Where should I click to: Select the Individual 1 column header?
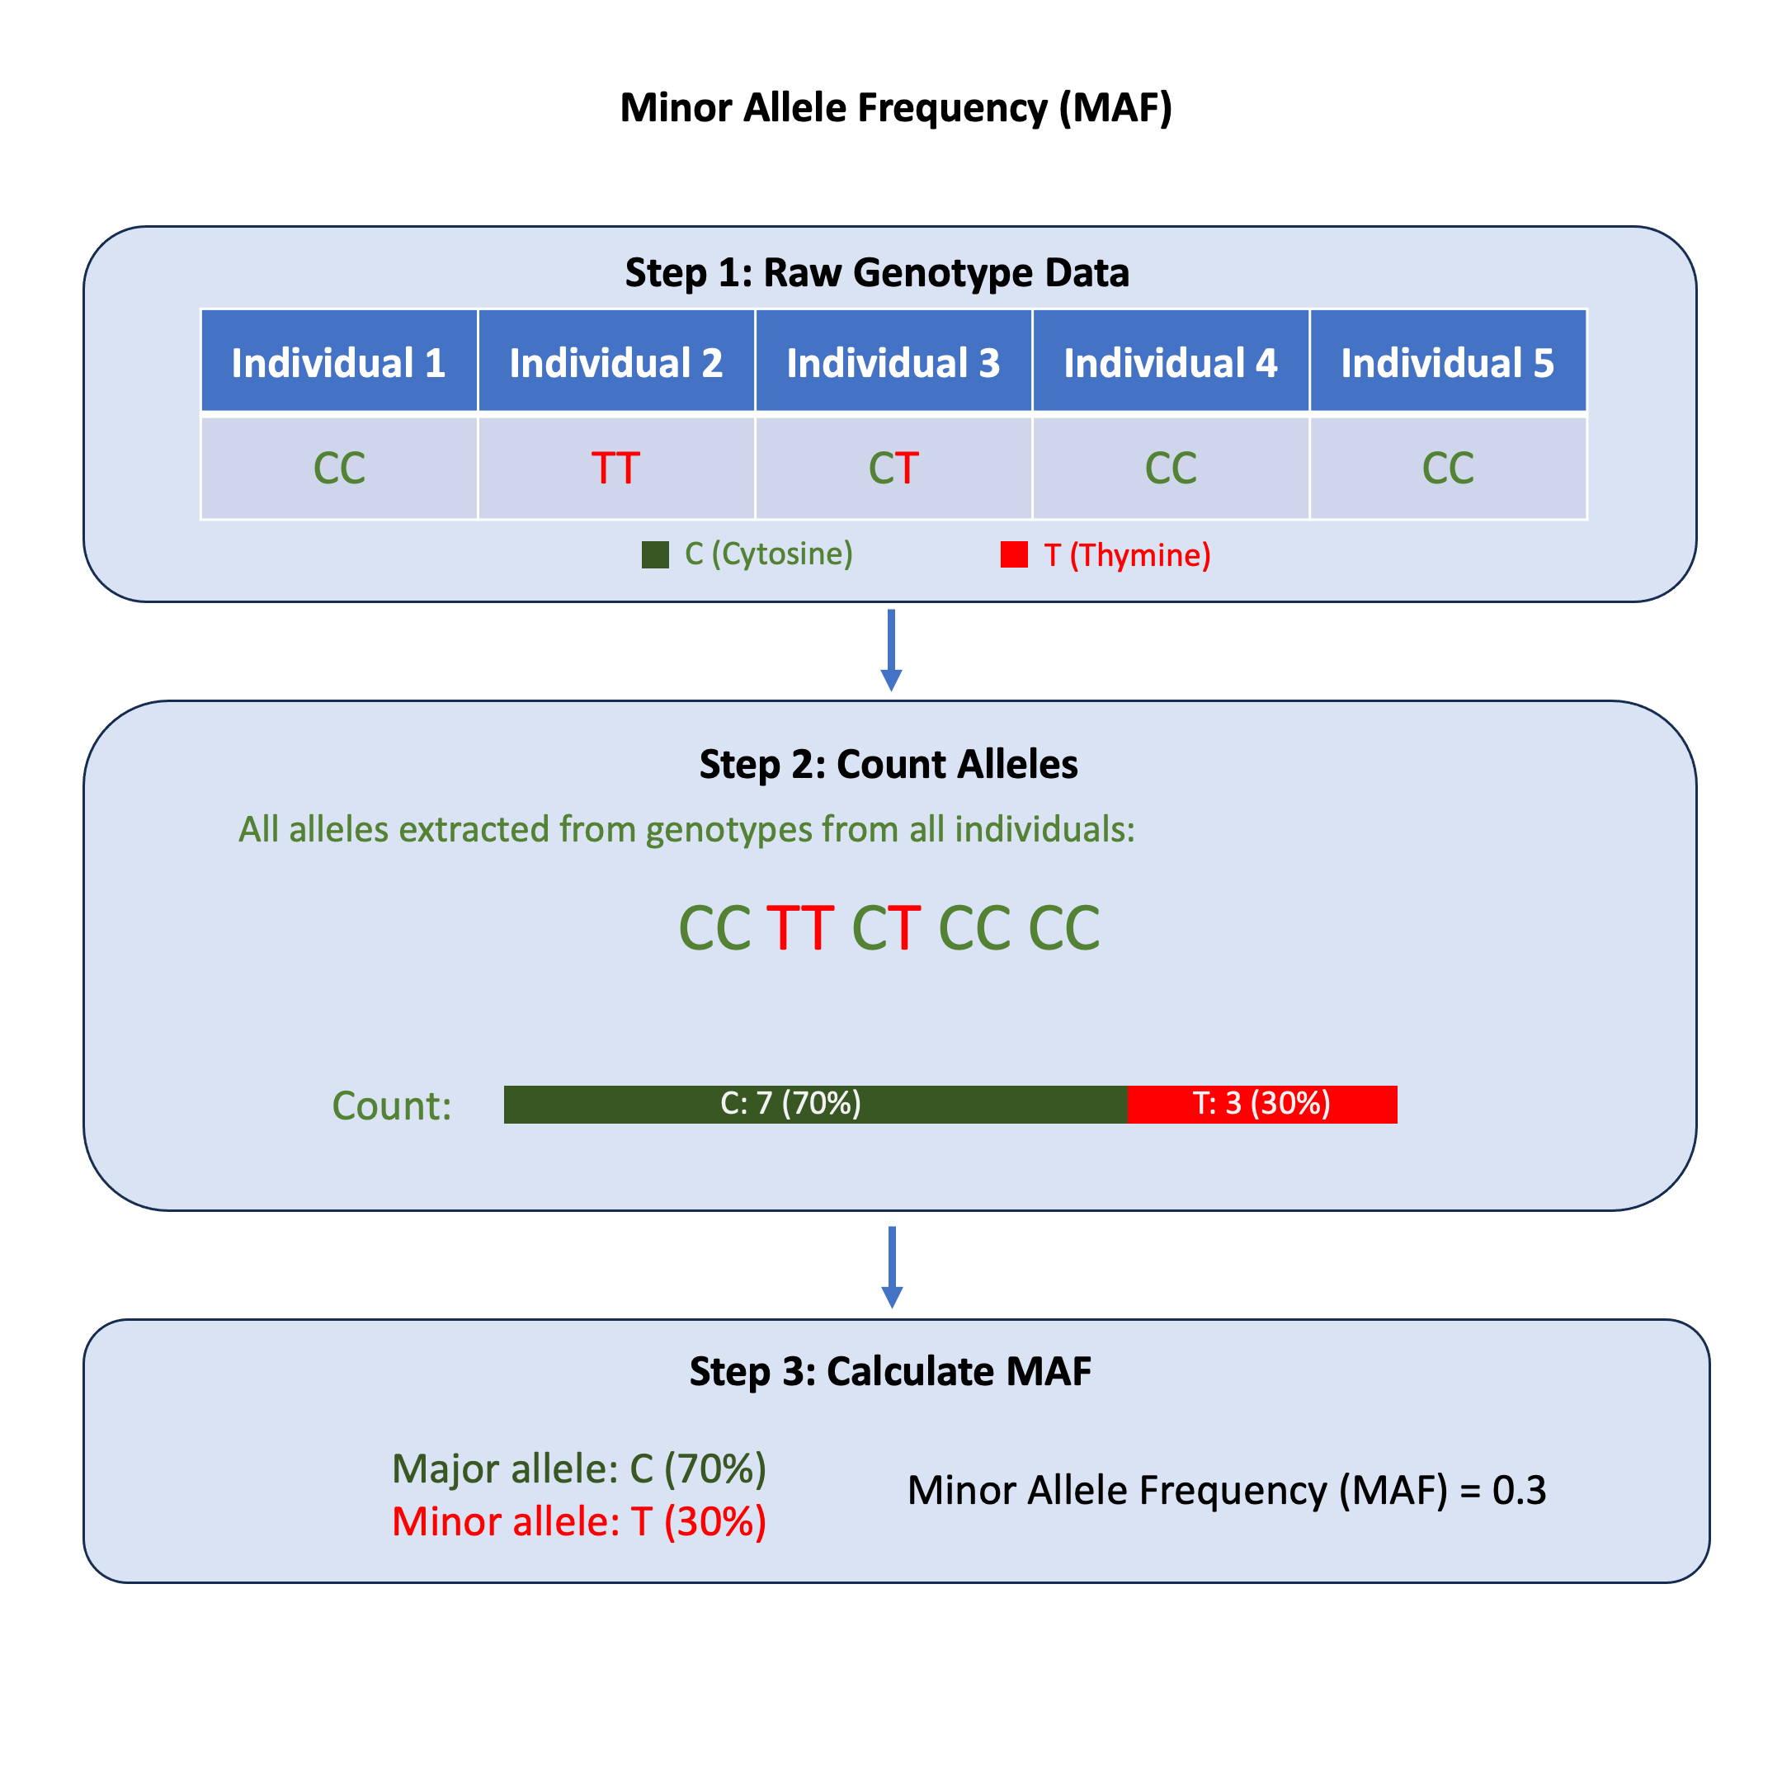(338, 362)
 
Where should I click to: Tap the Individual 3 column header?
(893, 362)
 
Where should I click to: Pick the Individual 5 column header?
(1447, 362)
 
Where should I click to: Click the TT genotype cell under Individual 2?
(615, 469)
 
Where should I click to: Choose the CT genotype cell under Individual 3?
(893, 469)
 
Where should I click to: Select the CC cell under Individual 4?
(1171, 469)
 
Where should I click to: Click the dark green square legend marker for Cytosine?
(655, 555)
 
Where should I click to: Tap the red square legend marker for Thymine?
(1014, 554)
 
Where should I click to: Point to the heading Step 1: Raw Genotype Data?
(877, 273)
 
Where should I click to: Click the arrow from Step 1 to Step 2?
(891, 650)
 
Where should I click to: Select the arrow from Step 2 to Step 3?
(891, 1266)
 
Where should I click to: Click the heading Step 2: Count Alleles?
(889, 765)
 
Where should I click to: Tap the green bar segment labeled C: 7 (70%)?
(815, 1104)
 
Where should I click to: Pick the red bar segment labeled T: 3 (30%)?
(1261, 1104)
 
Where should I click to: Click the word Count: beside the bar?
(392, 1105)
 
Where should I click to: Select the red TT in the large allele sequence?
(799, 928)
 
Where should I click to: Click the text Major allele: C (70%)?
(579, 1469)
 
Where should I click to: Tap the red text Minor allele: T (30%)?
(579, 1523)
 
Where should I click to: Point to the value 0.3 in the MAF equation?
(1518, 1491)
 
